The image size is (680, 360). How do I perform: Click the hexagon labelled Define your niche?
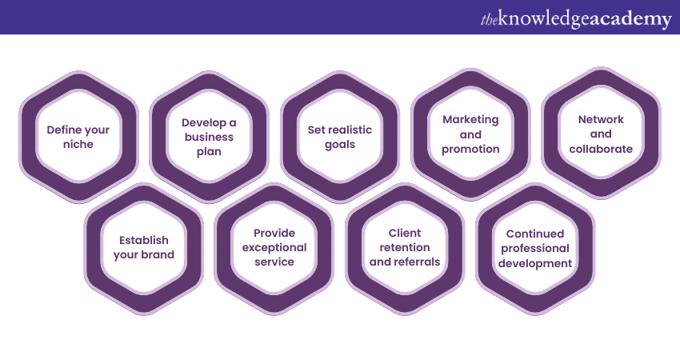(78, 136)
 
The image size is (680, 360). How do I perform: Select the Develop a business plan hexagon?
(209, 136)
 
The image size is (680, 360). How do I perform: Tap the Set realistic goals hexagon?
(340, 136)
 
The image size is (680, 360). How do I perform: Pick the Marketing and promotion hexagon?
(470, 134)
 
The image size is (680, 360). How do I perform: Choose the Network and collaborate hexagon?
(601, 134)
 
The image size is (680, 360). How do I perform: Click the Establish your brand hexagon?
(143, 247)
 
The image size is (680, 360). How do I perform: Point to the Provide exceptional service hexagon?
(274, 247)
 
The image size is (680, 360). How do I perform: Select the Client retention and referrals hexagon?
(405, 247)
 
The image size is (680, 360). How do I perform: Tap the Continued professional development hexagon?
(535, 248)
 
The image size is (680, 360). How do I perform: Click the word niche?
(78, 145)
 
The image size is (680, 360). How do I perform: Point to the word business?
(209, 137)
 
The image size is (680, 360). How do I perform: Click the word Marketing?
(470, 119)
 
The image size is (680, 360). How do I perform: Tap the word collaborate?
(601, 149)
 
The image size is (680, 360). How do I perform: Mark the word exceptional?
(274, 247)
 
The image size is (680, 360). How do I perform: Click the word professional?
(535, 249)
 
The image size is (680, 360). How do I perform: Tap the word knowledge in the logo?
(544, 19)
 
